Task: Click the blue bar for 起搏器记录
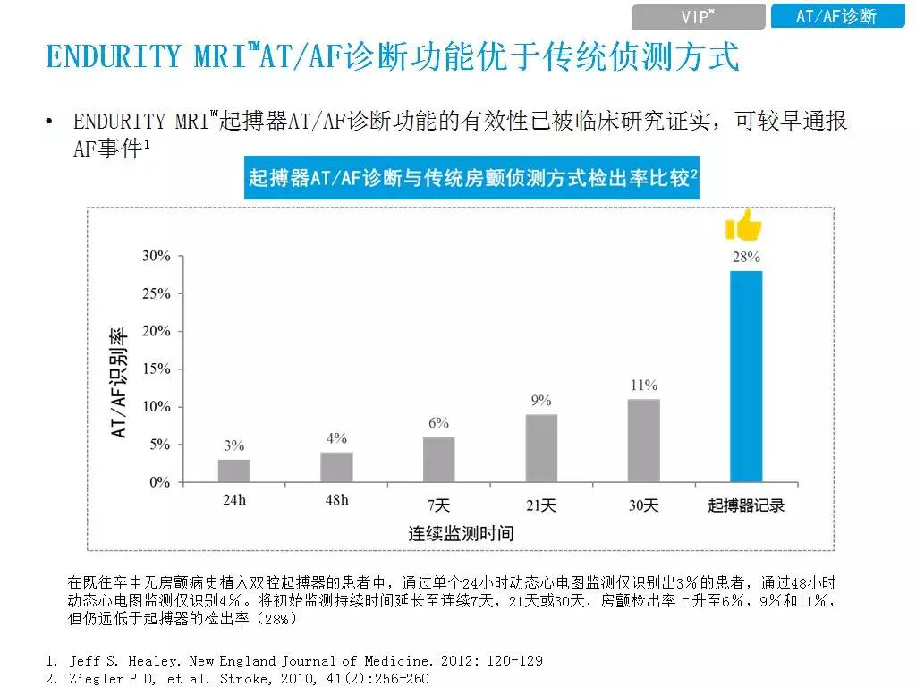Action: pos(746,377)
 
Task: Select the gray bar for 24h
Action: pos(234,471)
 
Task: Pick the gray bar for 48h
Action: pos(336,467)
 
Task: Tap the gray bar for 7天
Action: pos(438,459)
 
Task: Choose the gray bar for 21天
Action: pos(541,448)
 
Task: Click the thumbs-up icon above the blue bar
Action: pos(743,226)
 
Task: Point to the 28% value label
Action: pos(746,257)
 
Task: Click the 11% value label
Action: pos(643,386)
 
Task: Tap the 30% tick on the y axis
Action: pos(157,256)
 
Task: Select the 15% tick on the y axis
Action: pos(157,369)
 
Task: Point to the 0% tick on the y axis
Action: pos(159,482)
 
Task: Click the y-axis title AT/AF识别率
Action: pos(118,383)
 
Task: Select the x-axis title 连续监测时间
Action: pos(461,533)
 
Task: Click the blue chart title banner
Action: pos(472,179)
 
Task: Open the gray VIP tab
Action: pos(698,17)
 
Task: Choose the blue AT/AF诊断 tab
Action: pos(836,17)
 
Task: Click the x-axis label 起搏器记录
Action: pos(746,505)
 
